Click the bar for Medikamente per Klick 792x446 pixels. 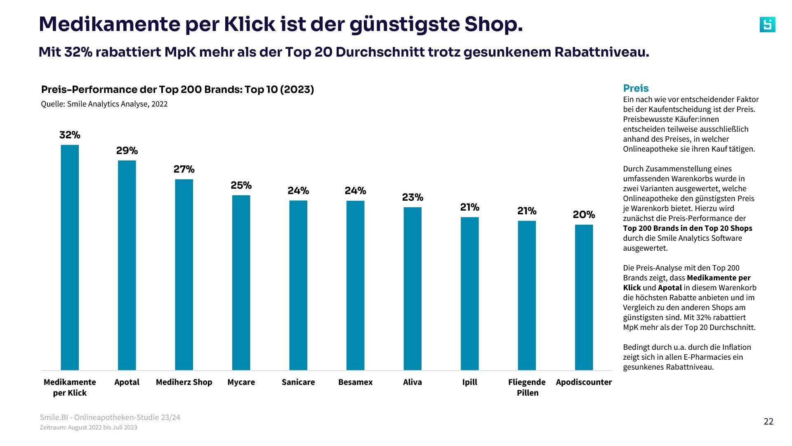coord(70,257)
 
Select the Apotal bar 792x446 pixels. coord(127,265)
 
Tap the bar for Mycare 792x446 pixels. coord(241,282)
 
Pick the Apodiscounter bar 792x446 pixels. coord(584,297)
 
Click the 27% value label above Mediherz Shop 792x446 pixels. coord(184,169)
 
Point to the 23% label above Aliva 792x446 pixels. coord(412,197)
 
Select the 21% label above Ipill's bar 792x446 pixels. coord(469,207)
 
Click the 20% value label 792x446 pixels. coord(584,215)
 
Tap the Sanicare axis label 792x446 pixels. coord(298,382)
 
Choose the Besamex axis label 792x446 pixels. coord(355,382)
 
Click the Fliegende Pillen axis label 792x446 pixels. coord(527,387)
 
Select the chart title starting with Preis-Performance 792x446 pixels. coord(177,90)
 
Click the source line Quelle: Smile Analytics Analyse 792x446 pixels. coord(104,104)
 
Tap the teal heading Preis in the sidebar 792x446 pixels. coord(636,88)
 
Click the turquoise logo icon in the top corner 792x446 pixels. coord(767,25)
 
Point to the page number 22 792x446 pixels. coord(768,421)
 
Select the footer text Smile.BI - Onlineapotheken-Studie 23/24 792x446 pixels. coord(110,417)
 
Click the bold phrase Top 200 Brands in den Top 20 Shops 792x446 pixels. coord(687,228)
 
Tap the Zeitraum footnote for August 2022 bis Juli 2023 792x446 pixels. coord(88,427)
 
